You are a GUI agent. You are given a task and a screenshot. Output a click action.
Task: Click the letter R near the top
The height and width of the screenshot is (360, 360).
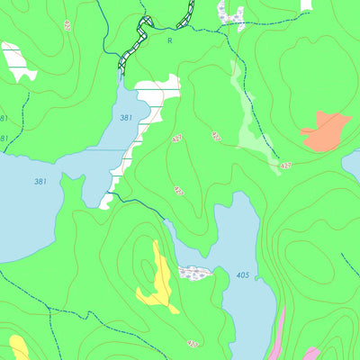169,40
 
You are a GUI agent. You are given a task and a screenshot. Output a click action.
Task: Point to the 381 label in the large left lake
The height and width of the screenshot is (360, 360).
40,182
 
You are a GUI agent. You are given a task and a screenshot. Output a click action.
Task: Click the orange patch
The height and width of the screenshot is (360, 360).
326,131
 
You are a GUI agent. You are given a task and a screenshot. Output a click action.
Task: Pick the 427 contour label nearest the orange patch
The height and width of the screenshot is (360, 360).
285,166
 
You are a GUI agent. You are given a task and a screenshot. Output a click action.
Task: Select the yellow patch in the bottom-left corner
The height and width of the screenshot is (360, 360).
18,347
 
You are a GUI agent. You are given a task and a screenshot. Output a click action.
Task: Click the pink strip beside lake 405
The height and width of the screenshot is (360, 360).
279,333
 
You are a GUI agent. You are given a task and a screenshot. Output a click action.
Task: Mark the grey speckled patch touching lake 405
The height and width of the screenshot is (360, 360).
195,272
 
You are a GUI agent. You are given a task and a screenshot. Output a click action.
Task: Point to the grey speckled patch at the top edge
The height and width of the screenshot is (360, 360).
230,12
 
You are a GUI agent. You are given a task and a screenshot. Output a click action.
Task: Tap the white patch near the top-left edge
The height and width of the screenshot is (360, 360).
18,60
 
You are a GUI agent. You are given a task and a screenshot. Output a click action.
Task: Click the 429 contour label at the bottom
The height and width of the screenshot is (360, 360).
192,344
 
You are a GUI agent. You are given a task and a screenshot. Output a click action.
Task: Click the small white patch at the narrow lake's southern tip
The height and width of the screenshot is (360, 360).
108,200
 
